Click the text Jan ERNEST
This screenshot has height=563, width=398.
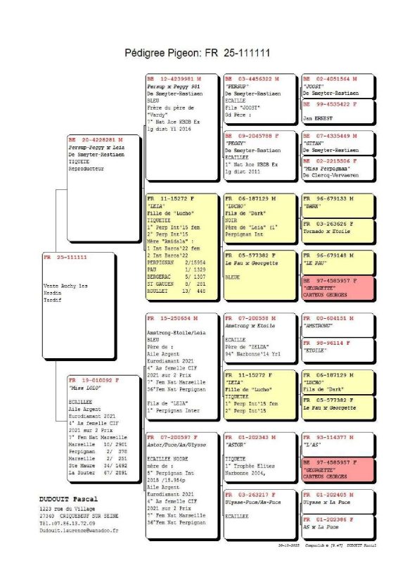317,118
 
